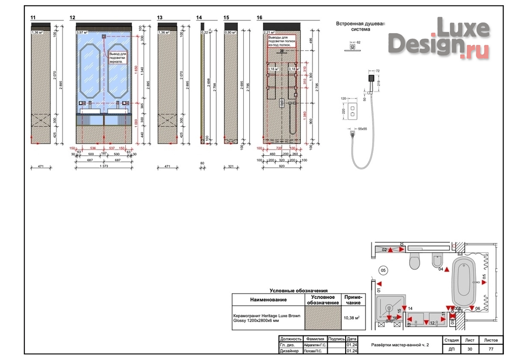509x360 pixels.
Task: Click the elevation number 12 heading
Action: pos(72,18)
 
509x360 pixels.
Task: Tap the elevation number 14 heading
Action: pos(199,18)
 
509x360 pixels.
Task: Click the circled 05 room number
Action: pos(383,270)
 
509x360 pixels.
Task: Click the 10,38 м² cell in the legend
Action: pos(351,318)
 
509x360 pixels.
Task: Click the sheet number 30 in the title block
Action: pos(469,349)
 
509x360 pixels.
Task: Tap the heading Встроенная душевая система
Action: pos(361,26)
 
